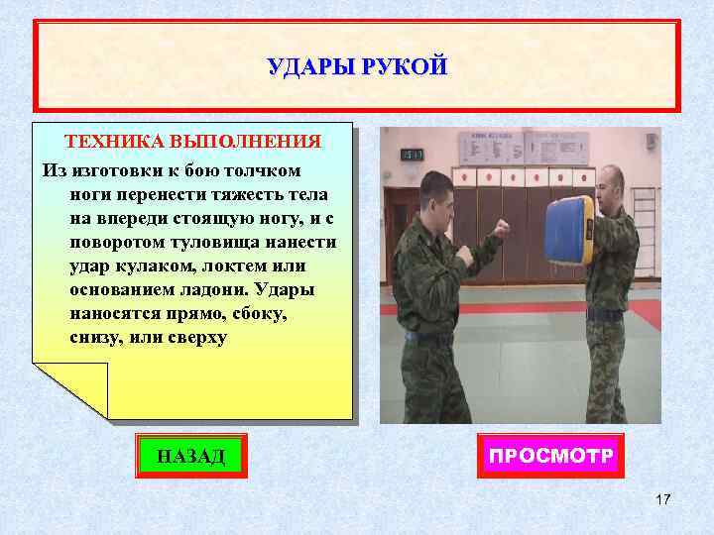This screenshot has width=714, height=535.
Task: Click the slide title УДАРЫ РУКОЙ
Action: click(357, 67)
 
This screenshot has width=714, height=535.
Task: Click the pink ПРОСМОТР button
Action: click(550, 456)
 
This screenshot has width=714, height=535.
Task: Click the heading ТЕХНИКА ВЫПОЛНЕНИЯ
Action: click(193, 141)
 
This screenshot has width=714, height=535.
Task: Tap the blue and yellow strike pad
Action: click(570, 238)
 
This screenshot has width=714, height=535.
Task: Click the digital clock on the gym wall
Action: click(413, 155)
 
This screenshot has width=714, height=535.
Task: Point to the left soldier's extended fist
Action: click(502, 228)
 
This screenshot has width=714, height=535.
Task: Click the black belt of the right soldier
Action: click(604, 314)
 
